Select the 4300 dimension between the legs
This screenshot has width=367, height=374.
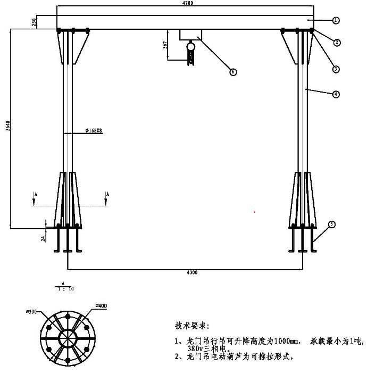[x=192, y=272]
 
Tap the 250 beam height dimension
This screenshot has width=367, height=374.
[x=34, y=22]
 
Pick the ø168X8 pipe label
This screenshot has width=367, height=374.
[x=93, y=130]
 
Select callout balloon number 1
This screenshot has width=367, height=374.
[x=336, y=20]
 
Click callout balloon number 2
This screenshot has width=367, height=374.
[x=337, y=42]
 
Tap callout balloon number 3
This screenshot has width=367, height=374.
[x=336, y=69]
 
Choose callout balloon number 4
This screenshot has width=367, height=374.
[x=336, y=94]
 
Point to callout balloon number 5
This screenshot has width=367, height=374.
[x=332, y=225]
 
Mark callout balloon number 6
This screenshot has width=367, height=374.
[x=232, y=72]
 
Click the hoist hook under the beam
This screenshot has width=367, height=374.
[x=190, y=55]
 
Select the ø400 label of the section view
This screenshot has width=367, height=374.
[x=101, y=306]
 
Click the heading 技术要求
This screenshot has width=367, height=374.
[x=193, y=325]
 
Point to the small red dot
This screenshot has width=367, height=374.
[x=255, y=212]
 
